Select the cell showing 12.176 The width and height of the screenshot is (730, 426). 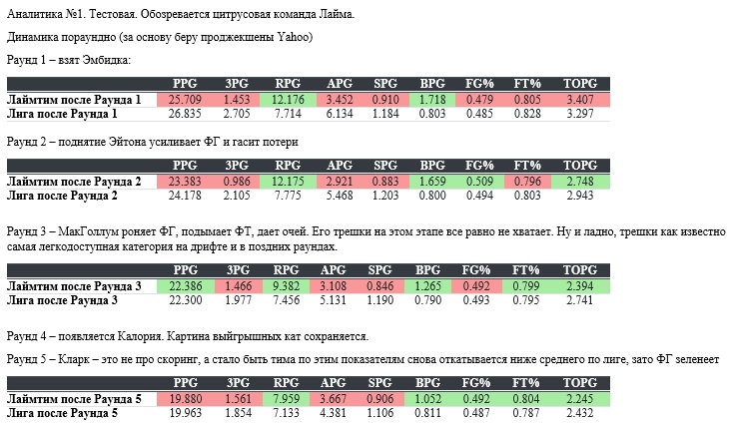pos(288,100)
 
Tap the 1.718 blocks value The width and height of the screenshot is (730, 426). pos(432,100)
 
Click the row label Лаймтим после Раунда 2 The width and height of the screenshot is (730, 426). pos(74,182)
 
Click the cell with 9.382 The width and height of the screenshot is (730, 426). pos(288,286)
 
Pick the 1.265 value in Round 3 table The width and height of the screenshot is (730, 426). pos(432,286)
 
